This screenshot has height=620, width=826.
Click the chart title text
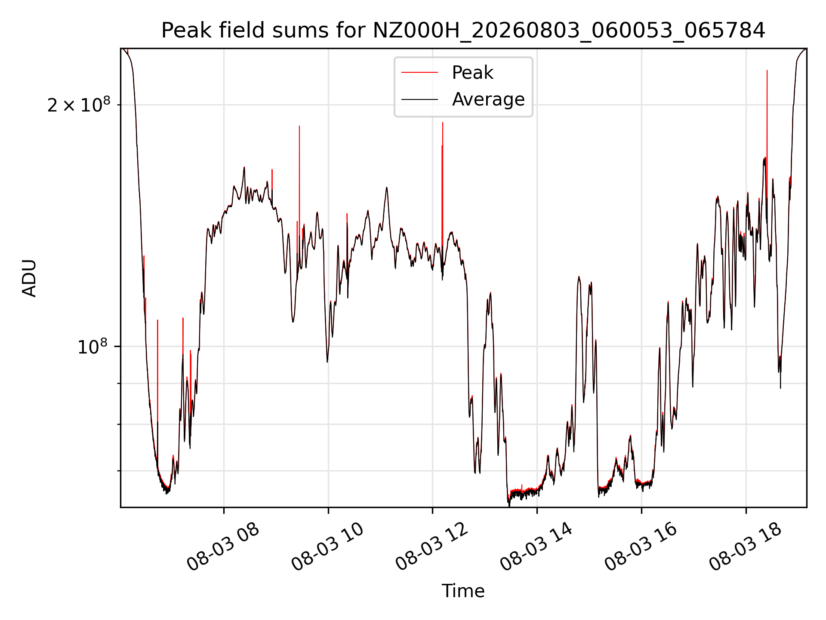pyautogui.click(x=463, y=31)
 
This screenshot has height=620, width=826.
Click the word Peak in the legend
pyautogui.click(x=472, y=73)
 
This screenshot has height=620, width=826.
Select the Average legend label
pyautogui.click(x=488, y=99)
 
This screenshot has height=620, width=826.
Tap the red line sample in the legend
pyautogui.click(x=420, y=73)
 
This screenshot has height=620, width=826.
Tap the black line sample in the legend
pyautogui.click(x=420, y=99)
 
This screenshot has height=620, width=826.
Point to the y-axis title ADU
pyautogui.click(x=29, y=278)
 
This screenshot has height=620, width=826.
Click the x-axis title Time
pyautogui.click(x=463, y=591)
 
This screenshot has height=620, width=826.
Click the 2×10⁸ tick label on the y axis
pyautogui.click(x=79, y=104)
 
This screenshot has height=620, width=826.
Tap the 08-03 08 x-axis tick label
pyautogui.click(x=223, y=547)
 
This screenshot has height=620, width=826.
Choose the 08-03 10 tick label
pyautogui.click(x=328, y=547)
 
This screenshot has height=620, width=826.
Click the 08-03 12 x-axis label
pyautogui.click(x=432, y=547)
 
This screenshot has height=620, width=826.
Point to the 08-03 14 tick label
pyautogui.click(x=536, y=547)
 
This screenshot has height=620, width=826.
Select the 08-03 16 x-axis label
pyautogui.click(x=641, y=547)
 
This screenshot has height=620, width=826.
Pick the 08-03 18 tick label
pyautogui.click(x=746, y=547)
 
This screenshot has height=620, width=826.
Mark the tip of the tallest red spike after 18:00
pyautogui.click(x=767, y=70)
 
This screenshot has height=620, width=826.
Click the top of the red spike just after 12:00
pyautogui.click(x=443, y=122)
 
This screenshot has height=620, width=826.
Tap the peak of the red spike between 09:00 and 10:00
pyautogui.click(x=299, y=126)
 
